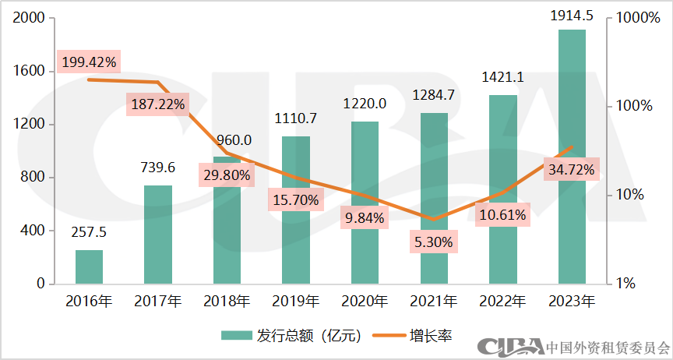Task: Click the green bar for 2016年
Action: (x=89, y=266)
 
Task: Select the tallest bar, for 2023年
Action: (x=572, y=156)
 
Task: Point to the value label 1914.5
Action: (x=572, y=16)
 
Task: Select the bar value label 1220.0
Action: (x=365, y=103)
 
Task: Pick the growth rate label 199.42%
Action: (x=88, y=61)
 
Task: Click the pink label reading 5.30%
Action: (x=434, y=242)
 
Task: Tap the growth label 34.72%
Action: (x=572, y=168)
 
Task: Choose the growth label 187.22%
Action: (x=157, y=104)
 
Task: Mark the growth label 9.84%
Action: (x=365, y=218)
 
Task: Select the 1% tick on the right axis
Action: (x=628, y=284)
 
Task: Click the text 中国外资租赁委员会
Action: (x=608, y=347)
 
